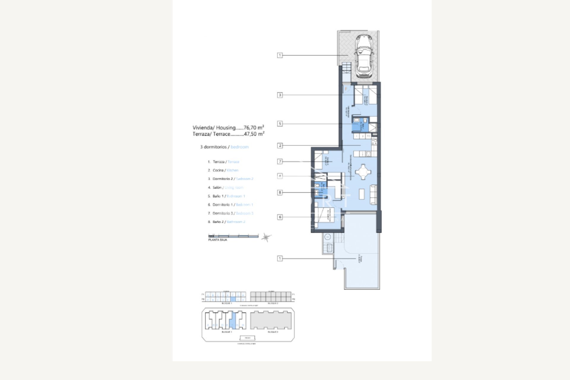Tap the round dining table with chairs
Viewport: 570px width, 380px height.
(363, 172)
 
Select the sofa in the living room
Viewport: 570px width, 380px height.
(373, 194)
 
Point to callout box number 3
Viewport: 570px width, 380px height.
(280, 95)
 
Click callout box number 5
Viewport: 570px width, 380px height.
(280, 123)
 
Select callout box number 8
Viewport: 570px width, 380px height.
(280, 192)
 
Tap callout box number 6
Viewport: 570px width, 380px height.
(280, 217)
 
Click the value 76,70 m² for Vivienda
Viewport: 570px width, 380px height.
(254, 128)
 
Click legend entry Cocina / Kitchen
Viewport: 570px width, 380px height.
(223, 170)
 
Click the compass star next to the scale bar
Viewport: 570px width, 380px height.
(266, 237)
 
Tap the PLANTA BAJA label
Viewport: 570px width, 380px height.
(218, 240)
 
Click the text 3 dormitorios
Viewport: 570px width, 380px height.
(213, 147)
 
